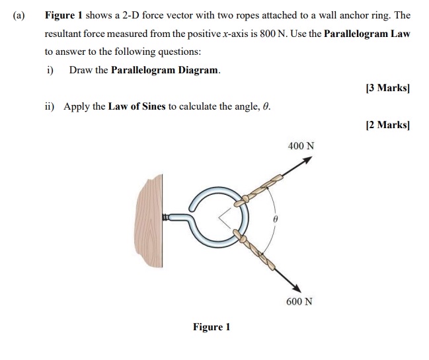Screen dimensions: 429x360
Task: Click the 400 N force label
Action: click(301, 145)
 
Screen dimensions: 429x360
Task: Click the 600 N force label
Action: click(299, 301)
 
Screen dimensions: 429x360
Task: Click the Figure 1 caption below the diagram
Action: click(212, 327)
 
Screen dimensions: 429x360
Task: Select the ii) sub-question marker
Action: click(50, 106)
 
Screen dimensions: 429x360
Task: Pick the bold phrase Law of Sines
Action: click(137, 106)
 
